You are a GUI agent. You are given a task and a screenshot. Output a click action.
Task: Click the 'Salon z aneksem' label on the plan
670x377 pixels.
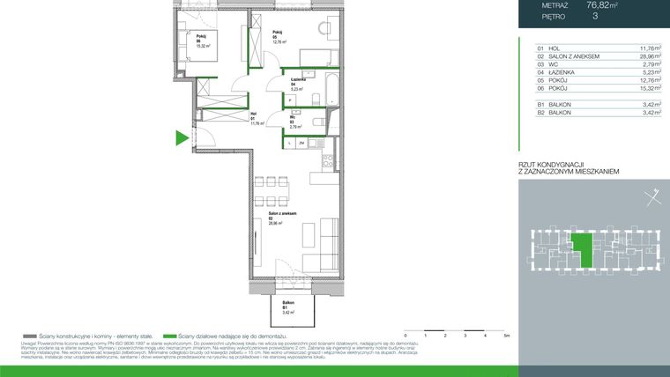282,214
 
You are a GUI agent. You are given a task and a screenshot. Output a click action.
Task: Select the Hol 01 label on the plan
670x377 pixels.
253,115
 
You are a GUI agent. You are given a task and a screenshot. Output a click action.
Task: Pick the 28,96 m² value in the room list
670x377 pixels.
646,56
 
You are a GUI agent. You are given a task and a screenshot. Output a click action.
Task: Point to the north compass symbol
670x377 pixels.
650,197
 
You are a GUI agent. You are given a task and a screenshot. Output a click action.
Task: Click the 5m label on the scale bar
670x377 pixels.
506,336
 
